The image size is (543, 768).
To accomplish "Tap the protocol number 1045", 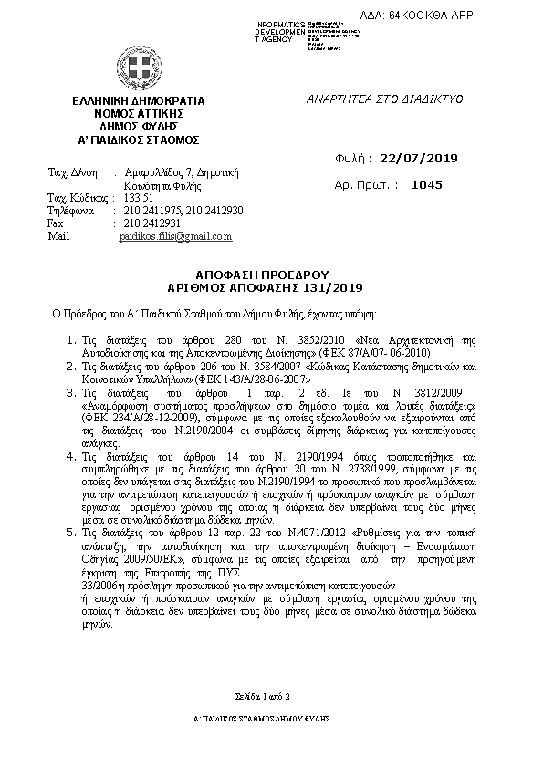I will point(426,184).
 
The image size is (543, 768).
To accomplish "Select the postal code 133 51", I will point(138,198).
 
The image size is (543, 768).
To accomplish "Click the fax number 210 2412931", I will point(152,223).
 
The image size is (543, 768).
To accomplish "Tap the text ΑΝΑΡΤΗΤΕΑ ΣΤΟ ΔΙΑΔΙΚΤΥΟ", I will point(385,98).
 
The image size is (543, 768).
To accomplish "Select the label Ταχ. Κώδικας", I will point(76,198).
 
